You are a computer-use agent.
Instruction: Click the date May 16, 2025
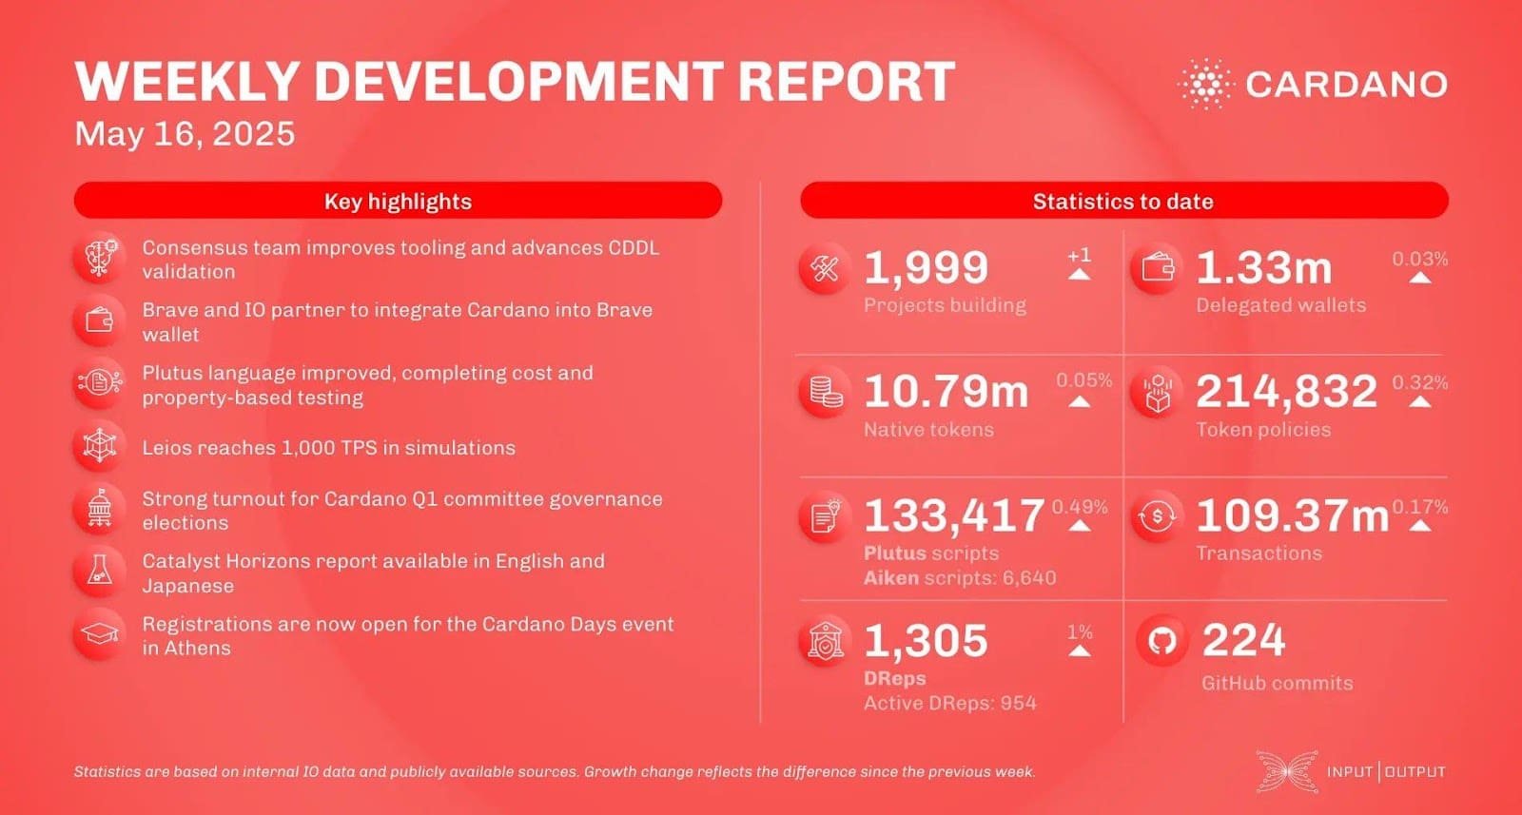(185, 134)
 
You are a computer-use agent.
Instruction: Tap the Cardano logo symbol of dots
(1204, 84)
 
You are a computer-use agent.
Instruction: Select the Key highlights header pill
(398, 201)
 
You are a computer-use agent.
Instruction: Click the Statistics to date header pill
(1122, 201)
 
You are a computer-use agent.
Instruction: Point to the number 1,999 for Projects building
(926, 267)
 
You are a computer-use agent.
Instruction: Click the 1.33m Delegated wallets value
(1263, 267)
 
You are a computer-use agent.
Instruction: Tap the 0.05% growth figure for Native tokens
(1083, 380)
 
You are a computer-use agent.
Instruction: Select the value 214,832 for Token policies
(1286, 391)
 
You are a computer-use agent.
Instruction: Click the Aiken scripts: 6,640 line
(960, 577)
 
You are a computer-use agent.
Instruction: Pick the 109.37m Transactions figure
(1292, 515)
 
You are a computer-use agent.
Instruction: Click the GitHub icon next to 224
(1161, 641)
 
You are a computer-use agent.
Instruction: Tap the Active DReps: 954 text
(949, 703)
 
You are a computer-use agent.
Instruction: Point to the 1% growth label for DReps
(1080, 632)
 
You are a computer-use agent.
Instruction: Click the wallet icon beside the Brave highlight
(99, 321)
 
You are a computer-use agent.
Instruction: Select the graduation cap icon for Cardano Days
(99, 634)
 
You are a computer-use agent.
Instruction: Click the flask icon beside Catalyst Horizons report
(99, 571)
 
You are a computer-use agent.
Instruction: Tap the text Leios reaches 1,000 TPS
(328, 448)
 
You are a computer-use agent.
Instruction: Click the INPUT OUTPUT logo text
(1386, 771)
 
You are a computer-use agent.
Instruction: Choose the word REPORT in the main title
(846, 82)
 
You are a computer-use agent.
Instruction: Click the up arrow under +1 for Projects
(1079, 274)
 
